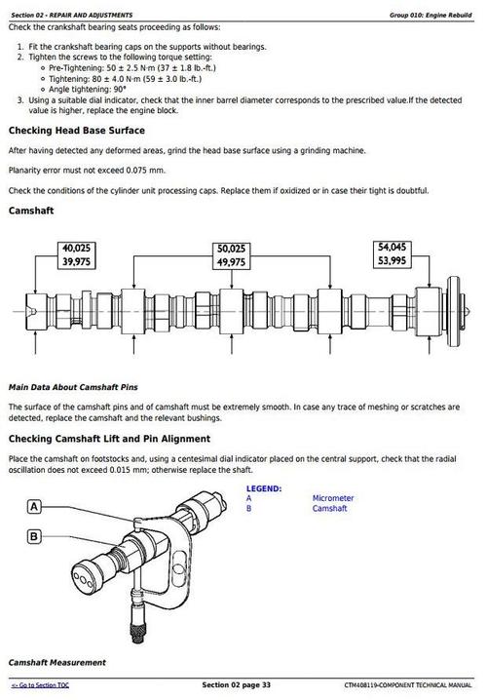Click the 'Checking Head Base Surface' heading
[x=77, y=131]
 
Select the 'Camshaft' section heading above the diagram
[x=31, y=211]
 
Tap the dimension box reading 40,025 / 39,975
[x=76, y=254]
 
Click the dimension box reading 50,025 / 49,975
[x=231, y=255]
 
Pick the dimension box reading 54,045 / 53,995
[x=392, y=254]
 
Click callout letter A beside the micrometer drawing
[x=34, y=507]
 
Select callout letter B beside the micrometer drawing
[x=34, y=535]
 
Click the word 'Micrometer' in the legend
[x=333, y=498]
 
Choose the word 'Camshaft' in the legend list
[x=329, y=509]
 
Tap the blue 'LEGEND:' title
[x=264, y=488]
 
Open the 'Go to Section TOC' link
[x=40, y=685]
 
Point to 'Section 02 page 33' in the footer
[x=236, y=684]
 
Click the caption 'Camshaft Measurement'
[x=57, y=663]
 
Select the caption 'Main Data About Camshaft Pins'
[x=73, y=387]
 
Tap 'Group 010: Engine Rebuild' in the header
[x=431, y=16]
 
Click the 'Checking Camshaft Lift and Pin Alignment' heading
[x=109, y=439]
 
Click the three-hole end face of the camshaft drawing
[x=84, y=579]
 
